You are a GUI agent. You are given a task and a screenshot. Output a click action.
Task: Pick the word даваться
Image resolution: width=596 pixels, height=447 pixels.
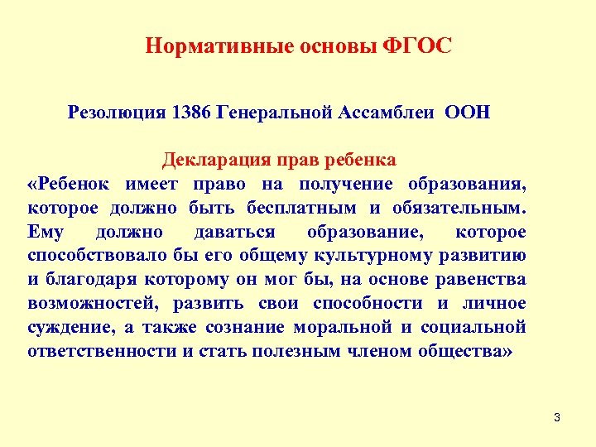(234, 231)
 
